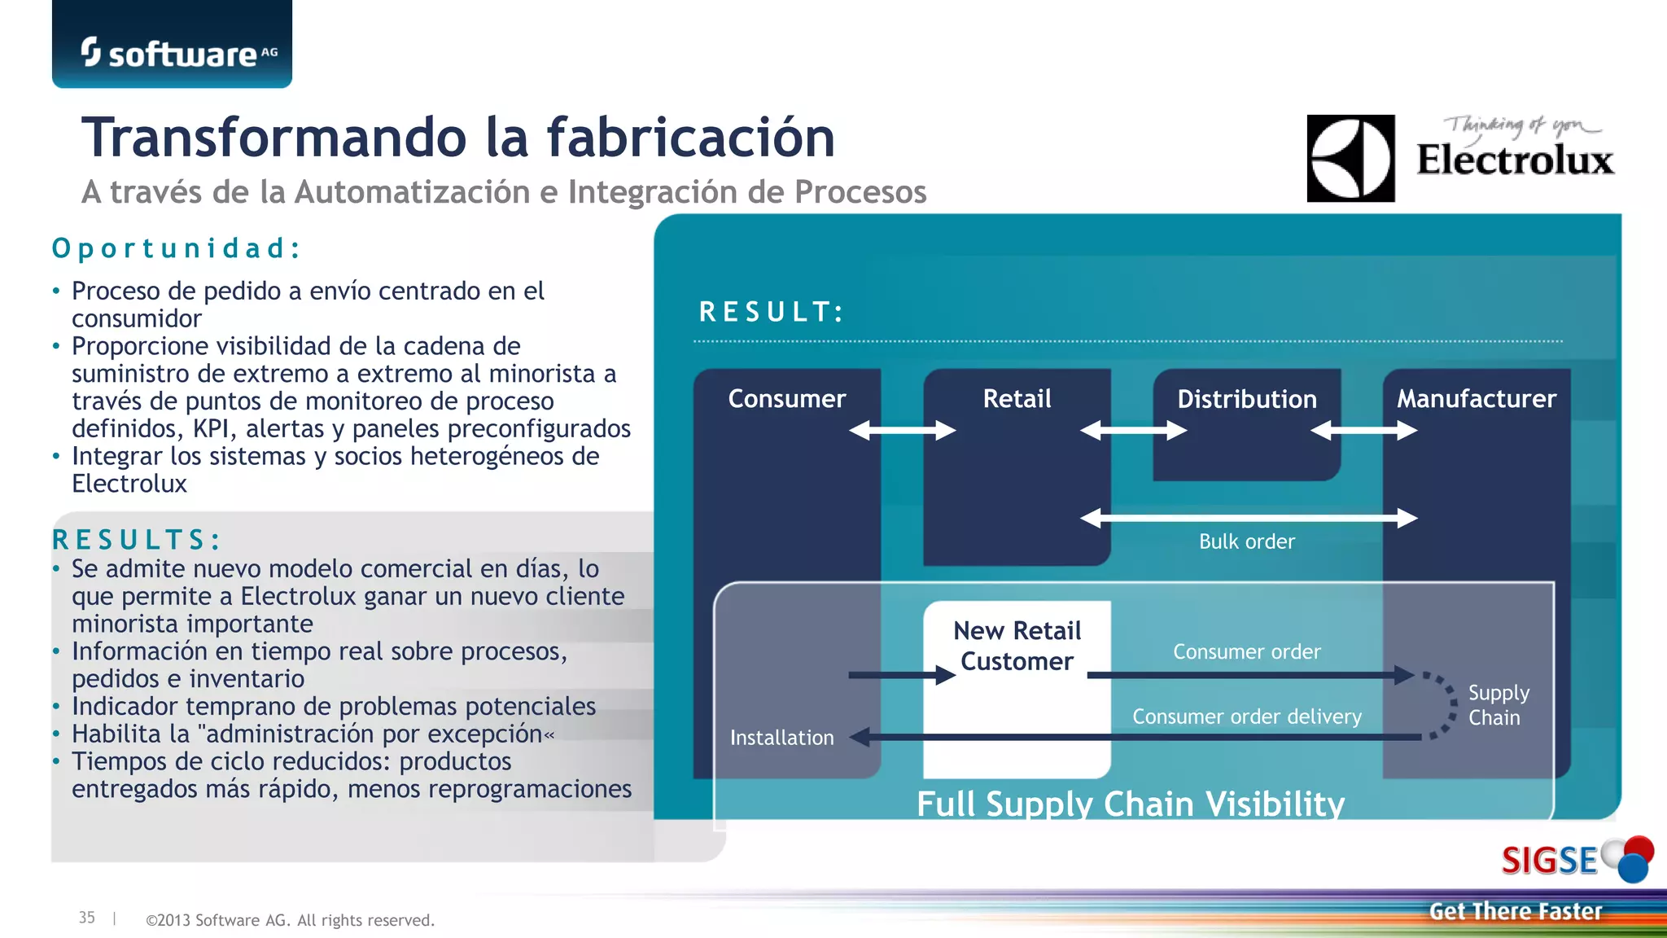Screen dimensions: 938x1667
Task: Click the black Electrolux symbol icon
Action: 1350,159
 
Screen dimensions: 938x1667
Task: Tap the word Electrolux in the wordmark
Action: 1515,160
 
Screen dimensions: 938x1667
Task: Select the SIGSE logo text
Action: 1550,861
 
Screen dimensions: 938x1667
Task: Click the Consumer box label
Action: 786,398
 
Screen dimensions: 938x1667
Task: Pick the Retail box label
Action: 1017,398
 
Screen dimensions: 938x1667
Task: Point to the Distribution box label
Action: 1247,399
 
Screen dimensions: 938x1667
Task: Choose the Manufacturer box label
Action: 1477,398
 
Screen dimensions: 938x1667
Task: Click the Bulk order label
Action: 1246,541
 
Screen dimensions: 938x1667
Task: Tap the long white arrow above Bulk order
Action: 1249,518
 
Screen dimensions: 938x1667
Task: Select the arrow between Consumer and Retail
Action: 902,430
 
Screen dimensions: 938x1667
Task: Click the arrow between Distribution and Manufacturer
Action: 1363,430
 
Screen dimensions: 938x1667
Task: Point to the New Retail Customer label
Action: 1017,646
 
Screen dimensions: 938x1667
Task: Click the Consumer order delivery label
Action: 1246,717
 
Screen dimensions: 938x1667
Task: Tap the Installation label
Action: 781,738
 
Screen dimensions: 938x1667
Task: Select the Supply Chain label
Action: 1498,705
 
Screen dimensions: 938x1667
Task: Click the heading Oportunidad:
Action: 177,248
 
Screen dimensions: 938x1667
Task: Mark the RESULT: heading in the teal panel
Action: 772,312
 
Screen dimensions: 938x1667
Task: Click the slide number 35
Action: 86,918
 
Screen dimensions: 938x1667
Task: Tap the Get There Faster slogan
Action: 1515,911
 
